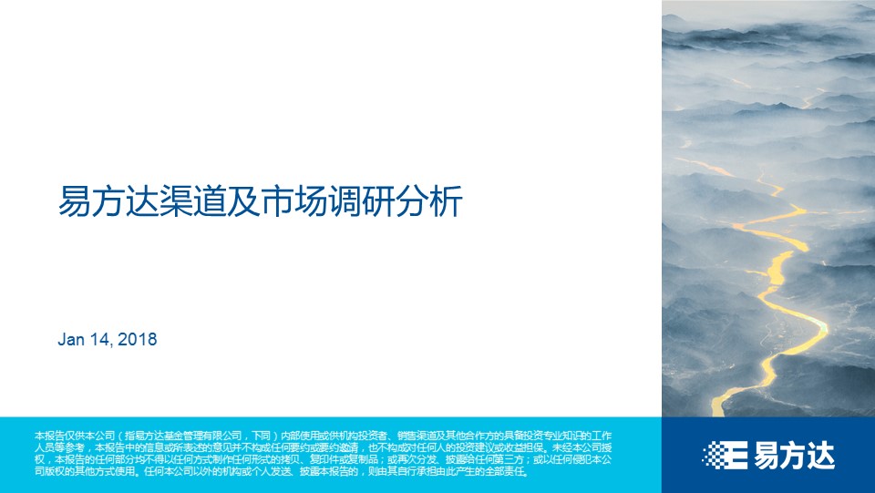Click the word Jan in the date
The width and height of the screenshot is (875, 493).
[71, 339]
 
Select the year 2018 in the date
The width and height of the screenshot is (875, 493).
[138, 339]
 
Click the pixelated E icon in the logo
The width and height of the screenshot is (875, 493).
[725, 455]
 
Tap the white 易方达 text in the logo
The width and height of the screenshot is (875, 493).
[794, 455]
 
